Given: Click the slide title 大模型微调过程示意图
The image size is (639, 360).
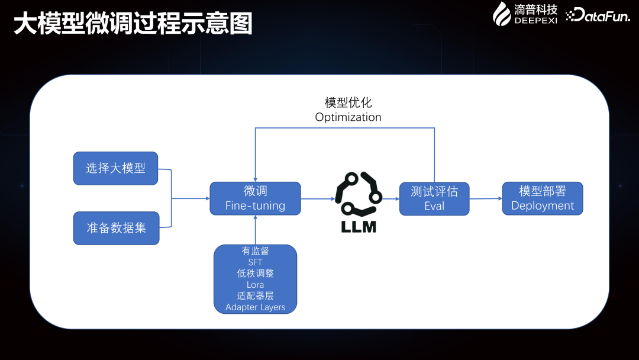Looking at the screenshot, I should [x=133, y=24].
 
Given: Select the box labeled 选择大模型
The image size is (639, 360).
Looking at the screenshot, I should [x=116, y=168].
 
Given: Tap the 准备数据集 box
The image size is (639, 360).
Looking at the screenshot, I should [x=116, y=228].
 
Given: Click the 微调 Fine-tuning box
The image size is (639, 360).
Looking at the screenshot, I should [x=255, y=198].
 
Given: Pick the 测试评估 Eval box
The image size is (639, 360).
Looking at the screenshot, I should [x=434, y=198].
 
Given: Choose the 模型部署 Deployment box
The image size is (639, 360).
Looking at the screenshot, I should [x=543, y=198].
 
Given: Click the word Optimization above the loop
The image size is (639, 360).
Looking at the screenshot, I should [x=348, y=117].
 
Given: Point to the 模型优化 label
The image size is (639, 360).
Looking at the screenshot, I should [x=348, y=102].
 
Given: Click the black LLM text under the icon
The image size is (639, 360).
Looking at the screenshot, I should [x=359, y=226].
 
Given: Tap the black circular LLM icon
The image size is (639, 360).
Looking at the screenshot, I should [x=359, y=194].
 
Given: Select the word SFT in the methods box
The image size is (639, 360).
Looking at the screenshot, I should [x=255, y=262].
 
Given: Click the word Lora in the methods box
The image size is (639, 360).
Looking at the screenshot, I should [x=255, y=285].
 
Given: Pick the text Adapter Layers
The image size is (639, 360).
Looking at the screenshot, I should [x=255, y=307].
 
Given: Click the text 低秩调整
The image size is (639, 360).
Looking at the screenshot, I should [x=255, y=274].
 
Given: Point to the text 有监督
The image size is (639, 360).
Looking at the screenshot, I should [x=255, y=251].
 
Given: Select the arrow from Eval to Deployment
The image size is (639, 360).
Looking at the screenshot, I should [x=485, y=198].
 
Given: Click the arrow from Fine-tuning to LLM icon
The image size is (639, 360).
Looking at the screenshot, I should [x=317, y=198].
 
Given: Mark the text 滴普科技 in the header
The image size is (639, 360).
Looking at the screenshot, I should [x=535, y=9].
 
